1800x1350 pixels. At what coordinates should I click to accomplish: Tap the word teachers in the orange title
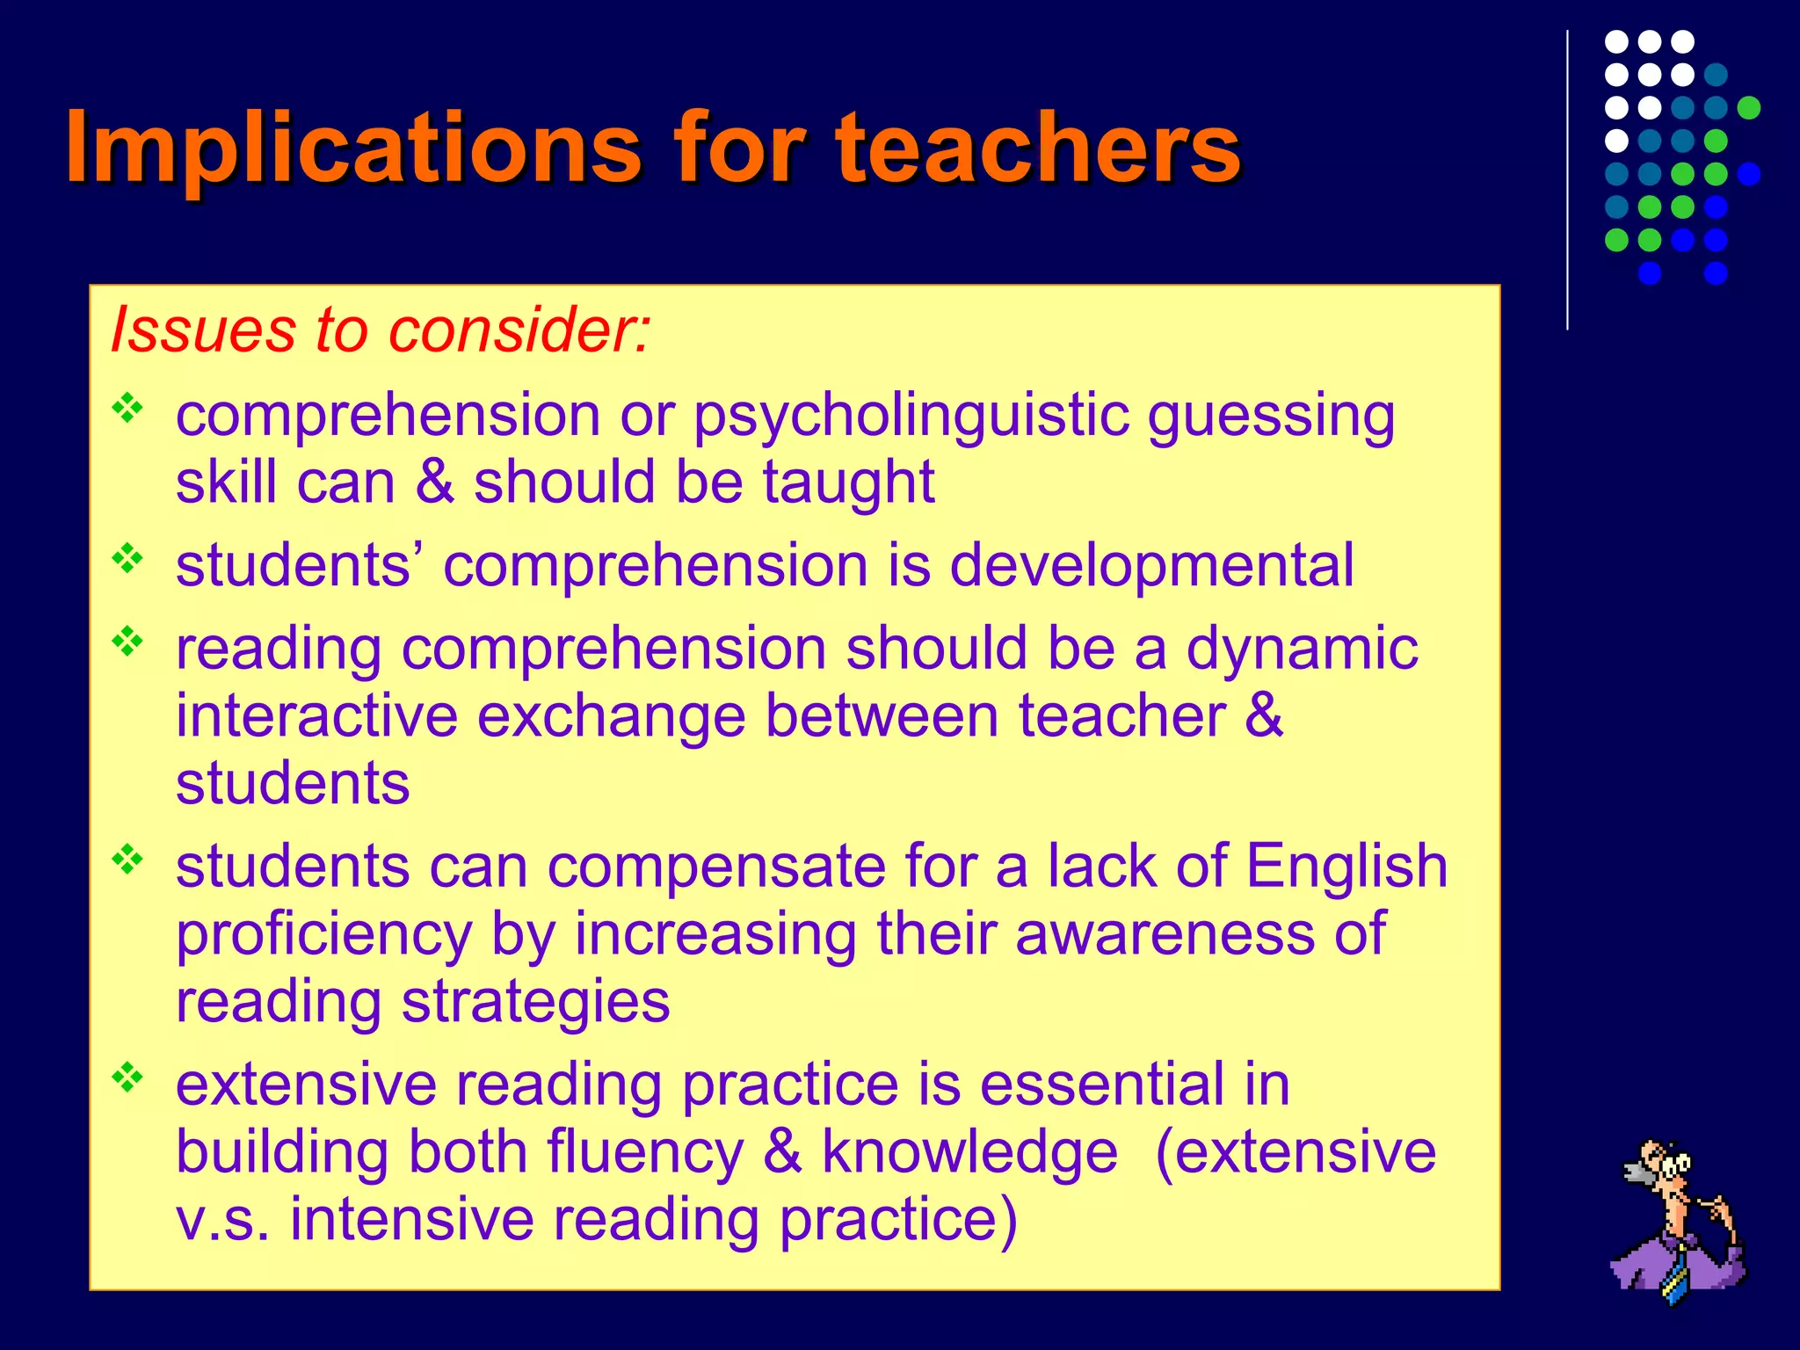[x=1038, y=148]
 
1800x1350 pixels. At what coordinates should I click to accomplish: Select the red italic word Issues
[x=202, y=330]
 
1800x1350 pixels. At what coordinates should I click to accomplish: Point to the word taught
[x=847, y=483]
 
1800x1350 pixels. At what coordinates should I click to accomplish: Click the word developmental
[x=1151, y=564]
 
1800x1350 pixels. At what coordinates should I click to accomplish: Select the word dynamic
[x=1302, y=648]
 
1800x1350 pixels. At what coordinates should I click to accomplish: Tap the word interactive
[x=316, y=715]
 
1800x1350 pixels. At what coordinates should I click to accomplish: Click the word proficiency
[x=324, y=933]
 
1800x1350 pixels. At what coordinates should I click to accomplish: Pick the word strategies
[x=535, y=1001]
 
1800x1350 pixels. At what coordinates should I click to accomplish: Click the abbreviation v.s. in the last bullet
[x=222, y=1219]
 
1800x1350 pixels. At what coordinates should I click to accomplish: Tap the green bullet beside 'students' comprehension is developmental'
[x=127, y=558]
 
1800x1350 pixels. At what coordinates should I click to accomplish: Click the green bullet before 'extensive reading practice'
[x=127, y=1078]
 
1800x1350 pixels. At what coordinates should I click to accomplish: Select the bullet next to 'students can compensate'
[x=127, y=860]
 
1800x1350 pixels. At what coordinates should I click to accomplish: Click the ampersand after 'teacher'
[x=1264, y=715]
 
